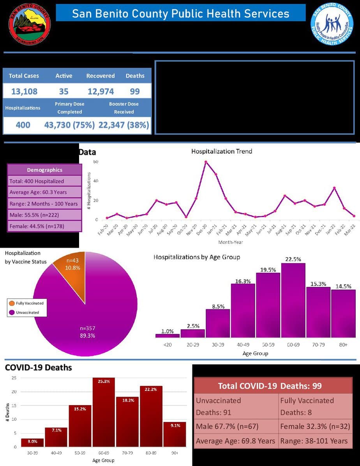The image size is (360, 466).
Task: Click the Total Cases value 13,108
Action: coord(24,92)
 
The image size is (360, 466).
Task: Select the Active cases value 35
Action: coord(64,92)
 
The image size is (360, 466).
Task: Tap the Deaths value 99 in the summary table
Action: coord(135,92)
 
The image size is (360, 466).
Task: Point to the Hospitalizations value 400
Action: coord(23,125)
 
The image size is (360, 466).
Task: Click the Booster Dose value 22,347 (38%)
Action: coord(124,125)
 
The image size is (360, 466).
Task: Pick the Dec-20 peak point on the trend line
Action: coord(206,162)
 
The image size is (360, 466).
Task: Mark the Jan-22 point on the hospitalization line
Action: coord(334,188)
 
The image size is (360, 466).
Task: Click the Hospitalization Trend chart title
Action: coord(221,151)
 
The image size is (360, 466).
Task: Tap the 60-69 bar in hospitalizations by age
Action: coord(293,300)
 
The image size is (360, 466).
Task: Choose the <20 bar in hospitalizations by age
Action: coord(168,335)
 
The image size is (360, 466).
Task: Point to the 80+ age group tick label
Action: coord(343,345)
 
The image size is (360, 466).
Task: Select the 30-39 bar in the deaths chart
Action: coord(32,443)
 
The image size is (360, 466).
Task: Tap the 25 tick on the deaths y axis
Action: coord(14,378)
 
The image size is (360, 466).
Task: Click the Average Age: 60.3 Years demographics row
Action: coord(44,192)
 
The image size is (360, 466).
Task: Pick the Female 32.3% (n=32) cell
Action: coord(315,427)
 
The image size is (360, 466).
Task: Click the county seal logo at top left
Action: coord(30,24)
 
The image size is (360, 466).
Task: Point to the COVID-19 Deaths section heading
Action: coord(38,367)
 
